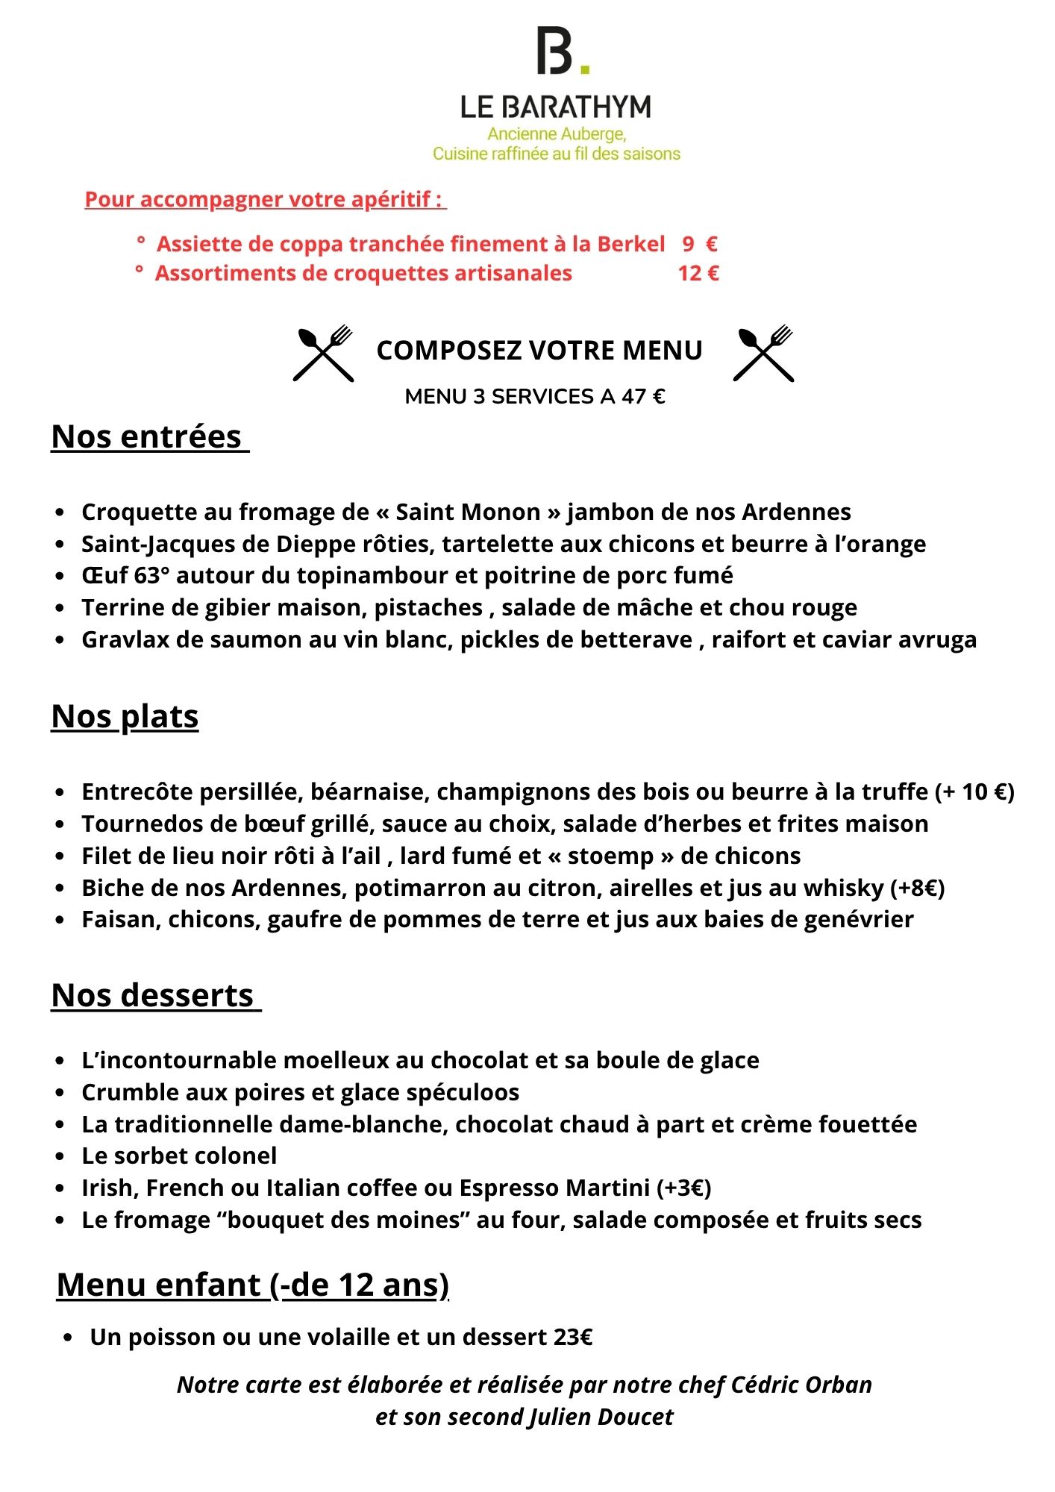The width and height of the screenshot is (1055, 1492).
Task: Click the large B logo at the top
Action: point(554,51)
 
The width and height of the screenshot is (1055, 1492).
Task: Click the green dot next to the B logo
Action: point(585,69)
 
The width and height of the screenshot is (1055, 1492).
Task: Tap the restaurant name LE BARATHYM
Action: point(555,107)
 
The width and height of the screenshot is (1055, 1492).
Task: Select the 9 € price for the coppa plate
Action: point(699,244)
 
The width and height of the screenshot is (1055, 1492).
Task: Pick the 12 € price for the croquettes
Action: point(698,273)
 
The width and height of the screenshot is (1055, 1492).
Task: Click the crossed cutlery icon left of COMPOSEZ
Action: point(323,354)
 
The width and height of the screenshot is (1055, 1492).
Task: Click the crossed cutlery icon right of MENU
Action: point(763,354)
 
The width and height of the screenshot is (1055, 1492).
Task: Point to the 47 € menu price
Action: point(643,396)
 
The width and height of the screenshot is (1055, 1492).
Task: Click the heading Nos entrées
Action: point(147,436)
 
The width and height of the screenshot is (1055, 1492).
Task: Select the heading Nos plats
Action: point(125,716)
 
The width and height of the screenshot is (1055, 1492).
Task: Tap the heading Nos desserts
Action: point(153,995)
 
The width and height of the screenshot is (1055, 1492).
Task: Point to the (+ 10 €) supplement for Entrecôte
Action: point(974,792)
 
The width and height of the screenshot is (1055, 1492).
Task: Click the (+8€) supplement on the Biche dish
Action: point(917,888)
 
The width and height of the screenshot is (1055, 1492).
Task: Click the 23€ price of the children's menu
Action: point(573,1337)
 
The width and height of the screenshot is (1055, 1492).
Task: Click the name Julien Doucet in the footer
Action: point(601,1417)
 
